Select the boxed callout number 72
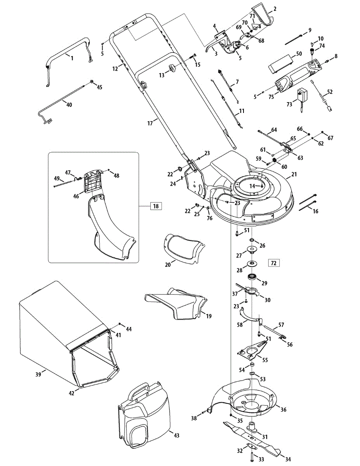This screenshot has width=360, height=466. pos(273,263)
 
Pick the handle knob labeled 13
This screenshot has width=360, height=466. pos(170,70)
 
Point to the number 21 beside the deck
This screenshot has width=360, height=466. pos(294,175)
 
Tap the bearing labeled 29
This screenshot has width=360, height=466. pos(254,278)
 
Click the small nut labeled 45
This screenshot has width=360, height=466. pos(92,81)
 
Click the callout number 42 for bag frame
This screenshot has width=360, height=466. pos(71,393)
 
